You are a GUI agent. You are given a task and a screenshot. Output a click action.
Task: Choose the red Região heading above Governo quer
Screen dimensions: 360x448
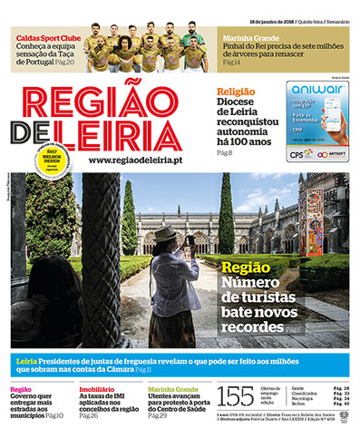point(20,389)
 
